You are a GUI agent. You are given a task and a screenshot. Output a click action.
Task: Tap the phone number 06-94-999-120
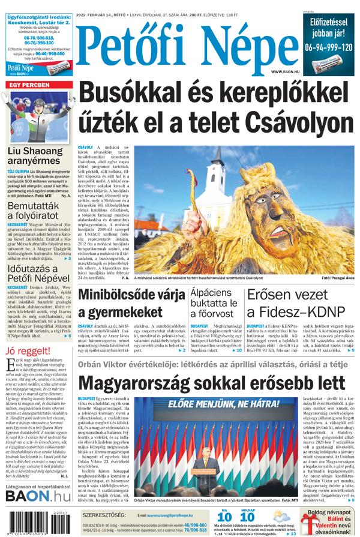(328, 46)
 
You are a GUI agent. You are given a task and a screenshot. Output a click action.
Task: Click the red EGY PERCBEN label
(29, 85)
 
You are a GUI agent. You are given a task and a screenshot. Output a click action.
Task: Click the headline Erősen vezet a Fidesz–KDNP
(296, 304)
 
